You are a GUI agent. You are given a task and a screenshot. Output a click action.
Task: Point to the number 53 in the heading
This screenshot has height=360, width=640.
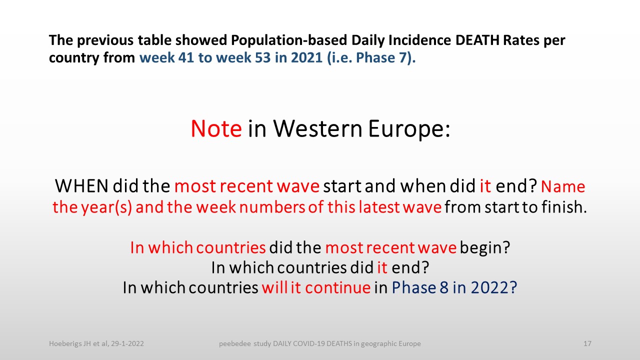(x=262, y=57)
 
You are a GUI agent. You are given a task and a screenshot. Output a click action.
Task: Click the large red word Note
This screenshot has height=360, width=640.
(x=216, y=129)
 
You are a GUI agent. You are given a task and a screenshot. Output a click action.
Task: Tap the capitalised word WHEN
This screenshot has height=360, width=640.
(x=81, y=186)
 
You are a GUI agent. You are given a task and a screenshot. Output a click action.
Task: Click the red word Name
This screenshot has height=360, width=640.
(x=563, y=187)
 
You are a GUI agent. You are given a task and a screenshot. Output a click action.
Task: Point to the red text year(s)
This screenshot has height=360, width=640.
(x=106, y=207)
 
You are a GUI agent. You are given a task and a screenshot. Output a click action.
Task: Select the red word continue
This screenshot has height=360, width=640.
(x=337, y=287)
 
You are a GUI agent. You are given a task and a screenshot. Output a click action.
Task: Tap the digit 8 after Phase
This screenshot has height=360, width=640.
(x=444, y=287)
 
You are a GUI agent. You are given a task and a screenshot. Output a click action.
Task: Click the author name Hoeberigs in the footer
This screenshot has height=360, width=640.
(x=65, y=343)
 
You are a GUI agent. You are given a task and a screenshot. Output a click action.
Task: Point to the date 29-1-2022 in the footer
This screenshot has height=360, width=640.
(x=127, y=343)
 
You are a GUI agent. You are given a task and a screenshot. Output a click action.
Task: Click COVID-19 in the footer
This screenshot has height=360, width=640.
(x=311, y=343)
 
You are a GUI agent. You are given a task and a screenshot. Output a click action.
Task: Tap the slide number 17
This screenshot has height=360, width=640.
(x=587, y=343)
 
